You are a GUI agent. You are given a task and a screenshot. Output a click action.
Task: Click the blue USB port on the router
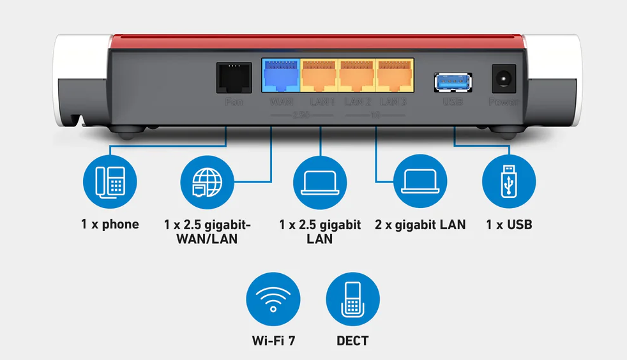coord(453,81)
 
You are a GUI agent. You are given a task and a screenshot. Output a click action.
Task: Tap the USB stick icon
coord(509,181)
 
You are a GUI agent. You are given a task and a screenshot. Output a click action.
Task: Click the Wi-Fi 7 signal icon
coord(273,299)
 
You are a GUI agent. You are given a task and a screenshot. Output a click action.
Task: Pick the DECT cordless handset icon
coord(352,299)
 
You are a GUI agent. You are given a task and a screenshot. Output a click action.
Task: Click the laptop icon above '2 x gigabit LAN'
coord(420,181)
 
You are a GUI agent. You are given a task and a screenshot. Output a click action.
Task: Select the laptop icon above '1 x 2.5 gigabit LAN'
coord(319,181)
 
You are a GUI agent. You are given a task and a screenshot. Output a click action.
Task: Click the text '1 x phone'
coord(110,225)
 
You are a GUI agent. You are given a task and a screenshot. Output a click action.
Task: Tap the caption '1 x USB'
coord(509,225)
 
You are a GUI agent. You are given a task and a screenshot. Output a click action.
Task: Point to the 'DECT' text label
coord(352,341)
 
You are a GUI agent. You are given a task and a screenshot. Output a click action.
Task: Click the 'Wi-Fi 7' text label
coord(273,341)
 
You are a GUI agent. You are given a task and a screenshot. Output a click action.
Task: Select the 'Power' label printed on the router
coord(504,102)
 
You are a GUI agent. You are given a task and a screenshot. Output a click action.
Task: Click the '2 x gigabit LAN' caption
coord(420,225)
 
